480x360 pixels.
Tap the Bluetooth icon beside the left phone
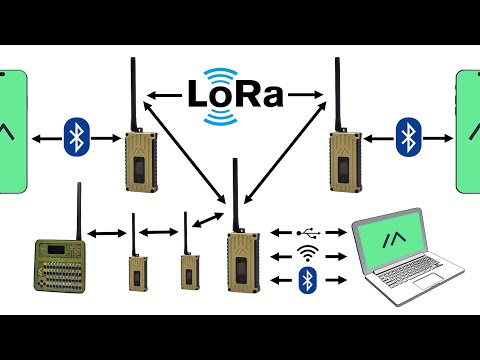[x=77, y=137]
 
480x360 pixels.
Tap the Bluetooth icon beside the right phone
[x=406, y=137]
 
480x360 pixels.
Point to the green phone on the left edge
[x=11, y=130]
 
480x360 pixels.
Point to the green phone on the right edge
[x=468, y=130]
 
